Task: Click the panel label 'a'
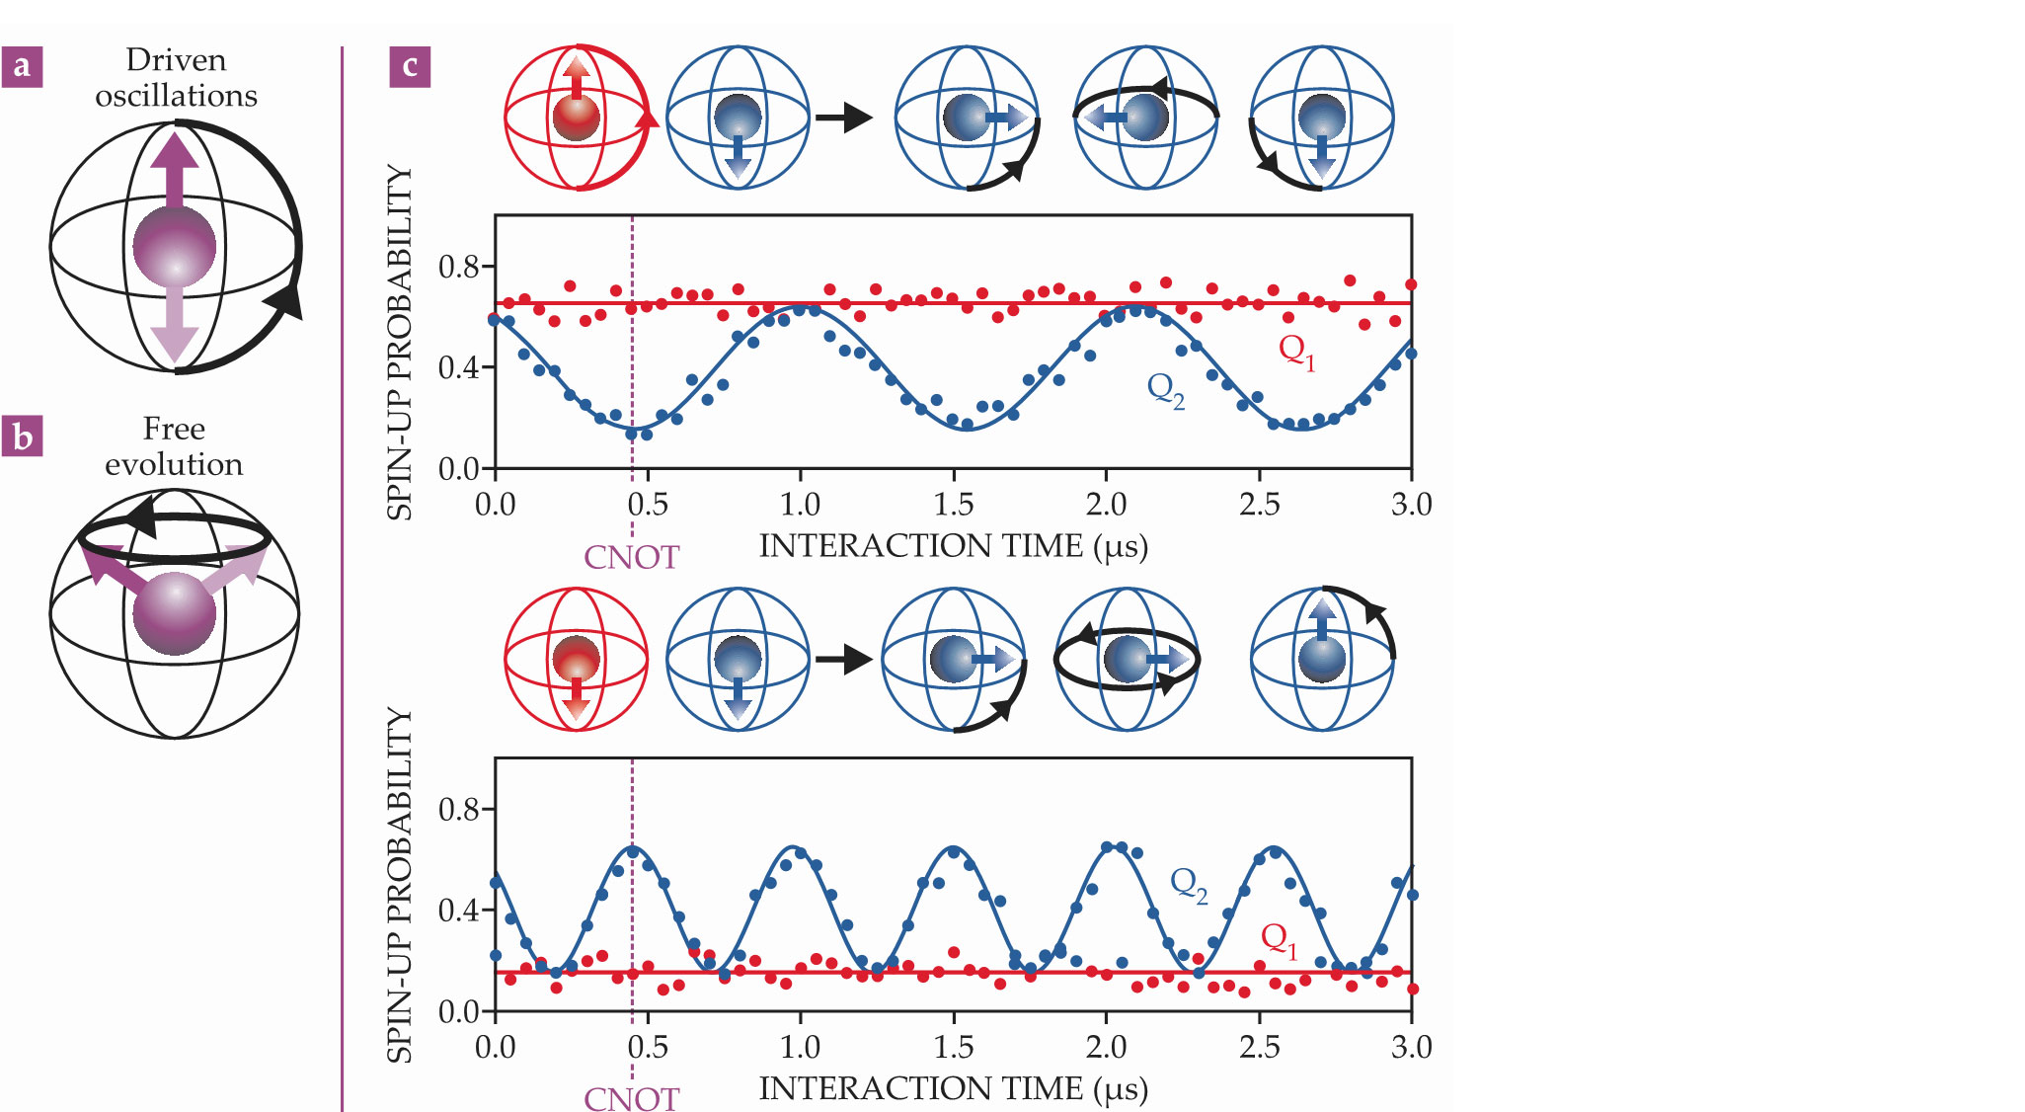point(22,67)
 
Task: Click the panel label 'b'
point(22,436)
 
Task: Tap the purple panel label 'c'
point(410,67)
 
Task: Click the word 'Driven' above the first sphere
point(176,60)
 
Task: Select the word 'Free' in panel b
point(174,429)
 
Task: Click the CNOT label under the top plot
point(631,557)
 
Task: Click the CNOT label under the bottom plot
point(631,1098)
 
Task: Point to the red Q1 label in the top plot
point(1296,350)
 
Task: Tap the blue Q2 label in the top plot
point(1165,389)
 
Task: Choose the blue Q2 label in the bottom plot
point(1189,884)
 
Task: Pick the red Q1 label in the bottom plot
point(1280,939)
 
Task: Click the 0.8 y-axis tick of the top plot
point(459,267)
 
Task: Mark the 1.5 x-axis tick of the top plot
point(953,505)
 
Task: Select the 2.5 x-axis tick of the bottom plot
point(1259,1047)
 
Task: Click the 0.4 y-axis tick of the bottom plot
point(459,911)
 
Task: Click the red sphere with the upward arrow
point(577,118)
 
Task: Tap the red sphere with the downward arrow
point(577,660)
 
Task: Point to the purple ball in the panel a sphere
point(175,247)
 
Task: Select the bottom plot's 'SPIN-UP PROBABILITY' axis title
point(399,885)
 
